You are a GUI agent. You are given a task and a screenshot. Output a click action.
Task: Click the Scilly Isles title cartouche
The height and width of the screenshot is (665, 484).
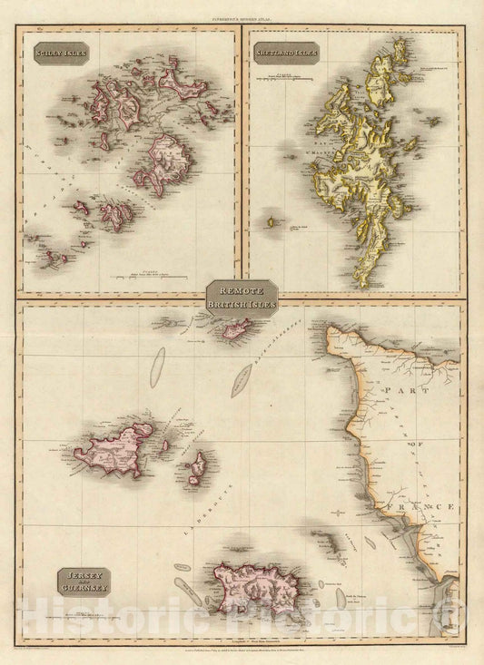[x=57, y=54]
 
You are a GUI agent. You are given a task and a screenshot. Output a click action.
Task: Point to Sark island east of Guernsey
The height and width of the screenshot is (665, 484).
[x=195, y=470]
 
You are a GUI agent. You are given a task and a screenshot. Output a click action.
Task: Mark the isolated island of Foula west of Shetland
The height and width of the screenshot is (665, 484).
[x=270, y=220]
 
